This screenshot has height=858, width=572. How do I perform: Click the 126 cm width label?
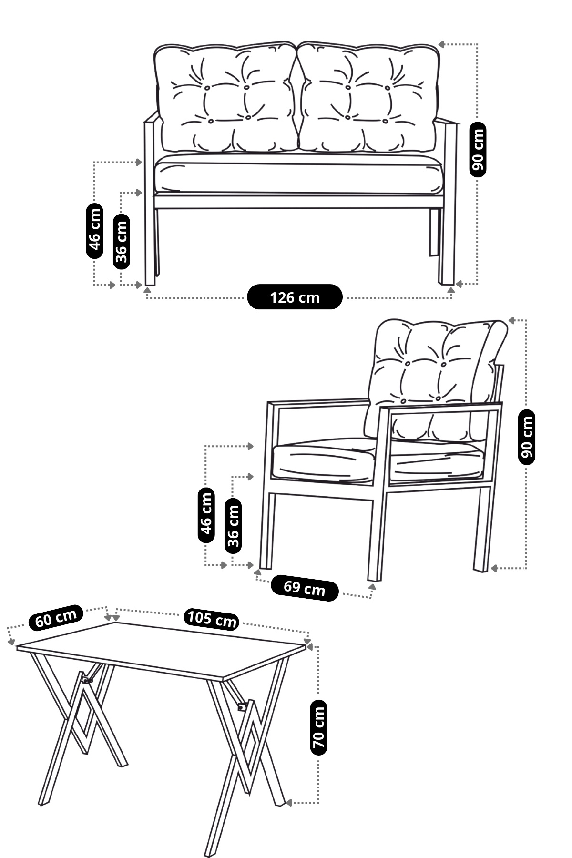pos(295,297)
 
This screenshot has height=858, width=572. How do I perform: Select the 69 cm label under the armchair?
pos(305,588)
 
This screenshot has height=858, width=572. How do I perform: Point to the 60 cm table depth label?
pos(56,618)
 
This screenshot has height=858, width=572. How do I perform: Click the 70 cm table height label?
pos(318,727)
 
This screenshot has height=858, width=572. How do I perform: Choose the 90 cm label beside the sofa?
pos(478,150)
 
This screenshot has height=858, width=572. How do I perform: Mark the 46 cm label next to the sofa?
pos(94,231)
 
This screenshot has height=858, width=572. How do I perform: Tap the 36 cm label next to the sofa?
pos(122,242)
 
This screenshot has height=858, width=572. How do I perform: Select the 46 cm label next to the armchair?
pos(206,515)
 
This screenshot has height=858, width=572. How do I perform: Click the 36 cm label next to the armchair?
pos(233,525)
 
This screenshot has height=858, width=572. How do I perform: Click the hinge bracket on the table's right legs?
pos(242,707)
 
